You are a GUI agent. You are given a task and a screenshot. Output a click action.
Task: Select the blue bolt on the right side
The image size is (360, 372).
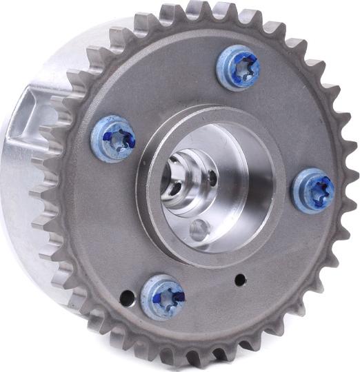tap(312, 190)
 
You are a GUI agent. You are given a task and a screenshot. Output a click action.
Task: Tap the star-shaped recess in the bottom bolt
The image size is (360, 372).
tap(168, 297)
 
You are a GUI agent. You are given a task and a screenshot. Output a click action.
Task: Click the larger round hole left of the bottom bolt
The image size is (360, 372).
tap(127, 298)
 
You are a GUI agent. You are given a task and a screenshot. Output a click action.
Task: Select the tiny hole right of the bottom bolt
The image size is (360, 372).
tap(240, 280)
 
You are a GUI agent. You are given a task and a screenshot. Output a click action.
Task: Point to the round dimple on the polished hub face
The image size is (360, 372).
tap(199, 231)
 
